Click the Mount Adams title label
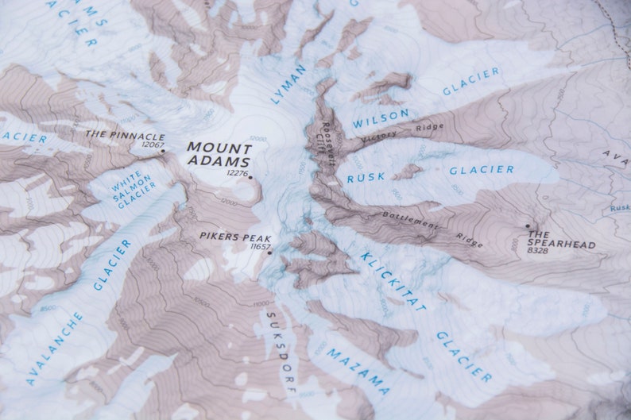pos(219,154)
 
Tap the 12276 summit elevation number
pos(237,172)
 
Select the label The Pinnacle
pos(125,135)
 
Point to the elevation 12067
pos(152,144)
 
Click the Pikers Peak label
pos(235,237)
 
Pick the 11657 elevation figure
pos(259,247)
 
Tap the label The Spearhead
pos(561,239)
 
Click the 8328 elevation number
pos(538,251)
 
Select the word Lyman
pos(288,85)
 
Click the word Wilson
pos(381,118)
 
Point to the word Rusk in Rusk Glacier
pos(366,176)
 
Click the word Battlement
pos(410,220)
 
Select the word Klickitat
pos(393,280)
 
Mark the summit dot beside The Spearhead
pos(527,226)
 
